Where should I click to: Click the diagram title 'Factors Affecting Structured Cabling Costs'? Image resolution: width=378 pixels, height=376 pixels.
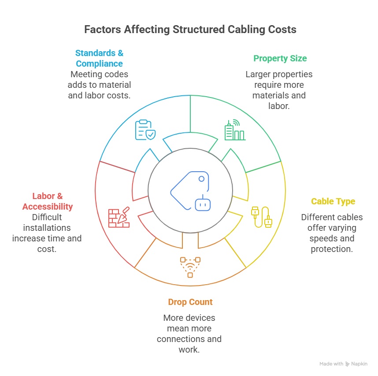pos(190,30)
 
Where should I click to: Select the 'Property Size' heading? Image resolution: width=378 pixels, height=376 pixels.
pos(280,58)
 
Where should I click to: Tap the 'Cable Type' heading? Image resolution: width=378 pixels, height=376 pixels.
pos(333,201)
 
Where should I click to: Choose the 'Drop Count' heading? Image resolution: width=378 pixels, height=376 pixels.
pos(190,302)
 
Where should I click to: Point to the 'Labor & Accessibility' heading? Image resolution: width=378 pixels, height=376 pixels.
pos(48,201)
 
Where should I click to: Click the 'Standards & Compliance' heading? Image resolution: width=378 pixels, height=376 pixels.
pos(99,58)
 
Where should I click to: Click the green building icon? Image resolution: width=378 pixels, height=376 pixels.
pos(235,130)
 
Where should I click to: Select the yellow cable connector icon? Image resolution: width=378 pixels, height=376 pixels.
pos(262,217)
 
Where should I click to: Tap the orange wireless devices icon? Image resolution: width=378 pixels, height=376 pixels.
pos(190,267)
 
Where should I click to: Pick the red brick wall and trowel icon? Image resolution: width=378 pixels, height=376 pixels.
pos(119,217)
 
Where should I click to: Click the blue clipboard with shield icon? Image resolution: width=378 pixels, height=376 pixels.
pos(145,130)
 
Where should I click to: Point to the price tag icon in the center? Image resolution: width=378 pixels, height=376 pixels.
pos(190,191)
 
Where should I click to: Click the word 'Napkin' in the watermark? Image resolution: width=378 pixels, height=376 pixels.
pos(359,364)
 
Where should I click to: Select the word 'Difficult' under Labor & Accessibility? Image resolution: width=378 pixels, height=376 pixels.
pos(47,217)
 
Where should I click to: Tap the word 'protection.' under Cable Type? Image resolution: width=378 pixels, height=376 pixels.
pos(332,249)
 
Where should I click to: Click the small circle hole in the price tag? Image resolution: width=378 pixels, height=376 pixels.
pos(201,179)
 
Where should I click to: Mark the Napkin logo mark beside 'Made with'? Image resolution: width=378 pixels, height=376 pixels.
pos(348,364)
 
